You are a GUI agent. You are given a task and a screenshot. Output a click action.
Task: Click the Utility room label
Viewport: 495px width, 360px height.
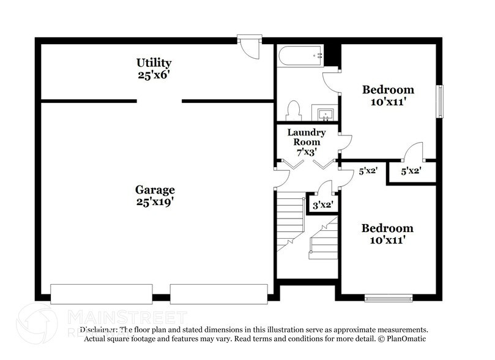point(154,63)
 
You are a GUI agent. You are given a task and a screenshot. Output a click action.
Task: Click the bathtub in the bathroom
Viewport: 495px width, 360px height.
point(300,58)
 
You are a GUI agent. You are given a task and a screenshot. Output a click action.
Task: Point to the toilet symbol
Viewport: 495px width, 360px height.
point(293,111)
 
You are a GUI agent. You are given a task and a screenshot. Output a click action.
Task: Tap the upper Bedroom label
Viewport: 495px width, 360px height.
point(388,90)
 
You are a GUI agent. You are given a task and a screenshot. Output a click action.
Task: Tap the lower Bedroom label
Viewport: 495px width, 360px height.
point(387,228)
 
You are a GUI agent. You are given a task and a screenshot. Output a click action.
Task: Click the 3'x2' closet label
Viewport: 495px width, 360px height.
point(322,205)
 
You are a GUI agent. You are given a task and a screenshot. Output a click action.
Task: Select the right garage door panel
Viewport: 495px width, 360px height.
point(218,294)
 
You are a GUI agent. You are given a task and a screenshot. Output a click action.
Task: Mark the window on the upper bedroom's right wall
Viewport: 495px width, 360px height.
point(439,100)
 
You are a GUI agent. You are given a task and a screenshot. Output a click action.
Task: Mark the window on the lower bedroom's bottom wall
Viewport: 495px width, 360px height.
point(388,298)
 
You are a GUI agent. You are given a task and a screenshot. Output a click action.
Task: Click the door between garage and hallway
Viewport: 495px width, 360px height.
point(280,178)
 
